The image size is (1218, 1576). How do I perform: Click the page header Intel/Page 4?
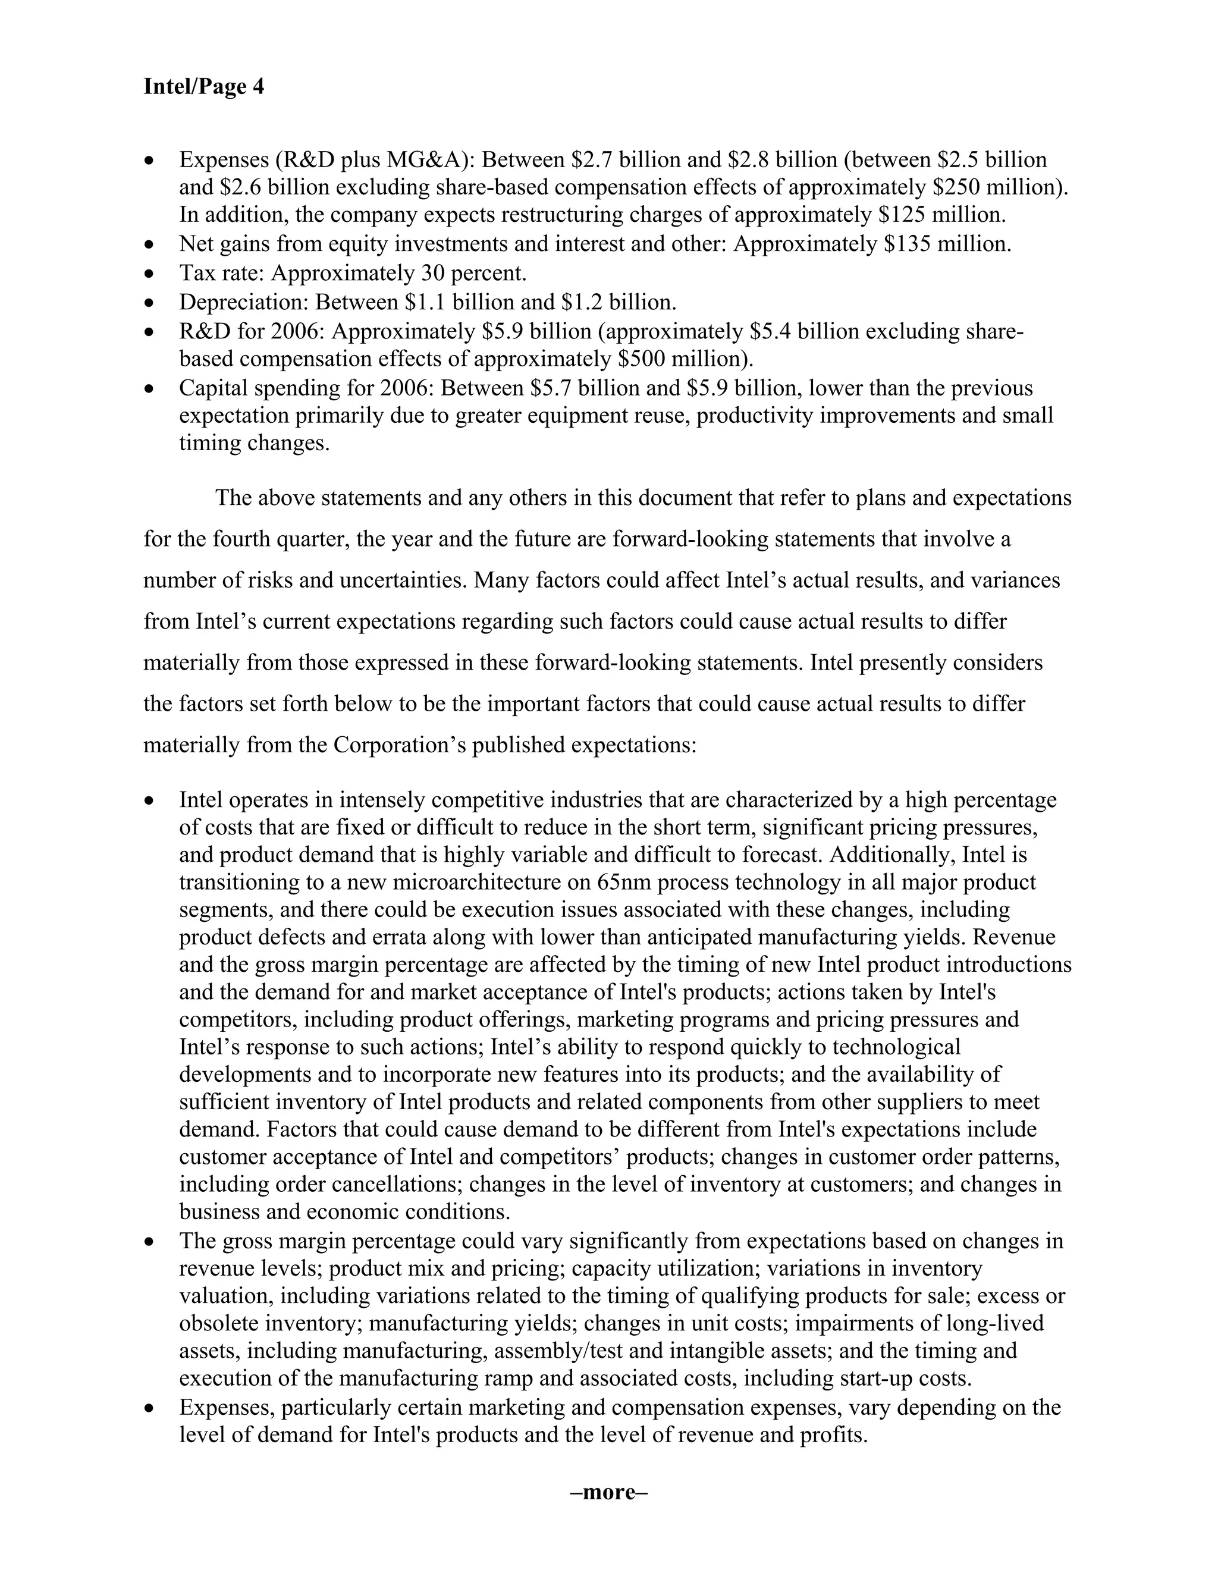pyautogui.click(x=203, y=87)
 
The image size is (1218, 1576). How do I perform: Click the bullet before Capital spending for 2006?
pyautogui.click(x=149, y=390)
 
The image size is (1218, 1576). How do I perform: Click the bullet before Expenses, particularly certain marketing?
pyautogui.click(x=149, y=1408)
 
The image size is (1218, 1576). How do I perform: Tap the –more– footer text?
pyautogui.click(x=608, y=1492)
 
